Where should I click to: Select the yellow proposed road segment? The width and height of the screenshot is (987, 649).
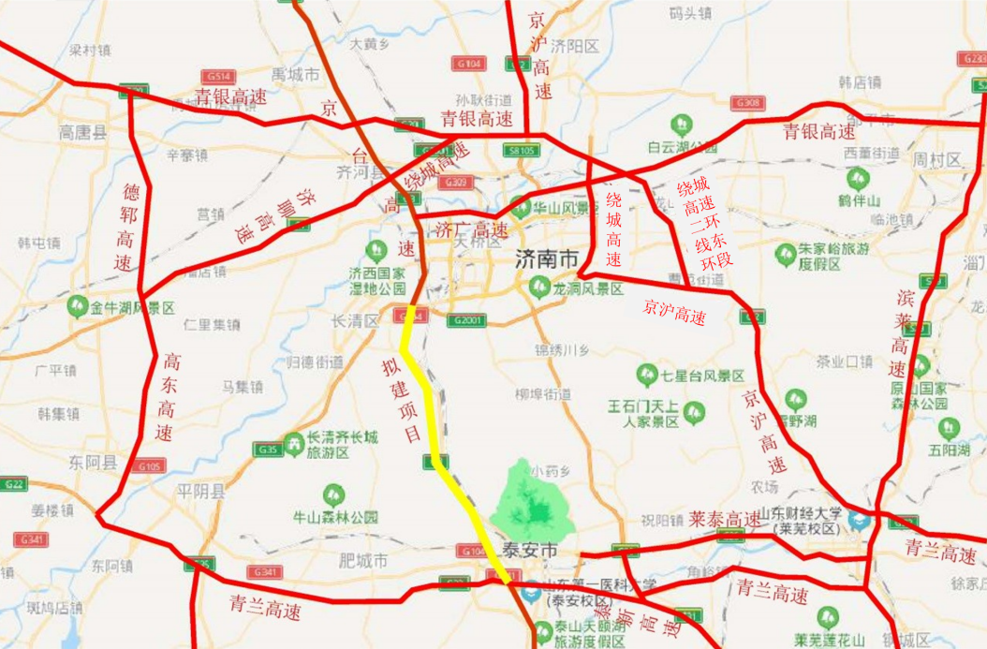(x=433, y=421)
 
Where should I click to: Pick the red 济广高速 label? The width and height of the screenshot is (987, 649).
(x=472, y=228)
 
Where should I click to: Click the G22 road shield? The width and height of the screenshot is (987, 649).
(x=11, y=484)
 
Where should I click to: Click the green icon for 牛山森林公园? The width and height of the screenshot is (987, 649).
(x=333, y=494)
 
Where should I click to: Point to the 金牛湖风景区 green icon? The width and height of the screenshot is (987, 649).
(x=79, y=306)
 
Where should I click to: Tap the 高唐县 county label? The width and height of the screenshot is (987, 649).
(x=82, y=132)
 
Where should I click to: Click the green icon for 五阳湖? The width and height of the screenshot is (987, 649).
(x=947, y=428)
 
